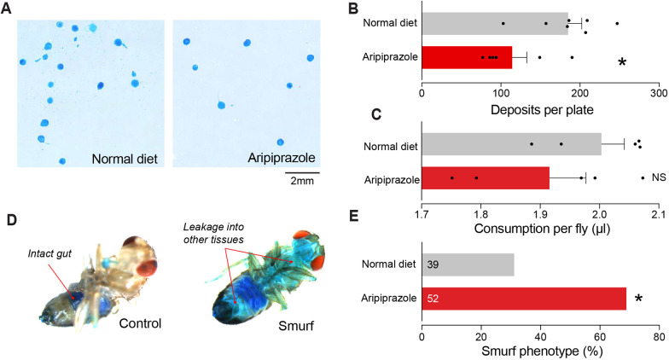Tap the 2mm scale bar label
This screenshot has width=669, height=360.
[302, 180]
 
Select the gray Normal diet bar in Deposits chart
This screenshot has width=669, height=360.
[495, 23]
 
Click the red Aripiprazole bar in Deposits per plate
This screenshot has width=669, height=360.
[467, 58]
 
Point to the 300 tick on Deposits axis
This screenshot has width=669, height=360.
[658, 91]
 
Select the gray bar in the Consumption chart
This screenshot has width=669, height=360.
[511, 144]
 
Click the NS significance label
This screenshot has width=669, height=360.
[658, 177]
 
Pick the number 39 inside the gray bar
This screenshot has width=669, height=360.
[433, 265]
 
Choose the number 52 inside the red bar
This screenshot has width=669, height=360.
[433, 299]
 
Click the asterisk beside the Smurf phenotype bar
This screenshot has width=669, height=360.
[638, 299]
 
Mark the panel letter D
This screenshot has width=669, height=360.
[10, 220]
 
